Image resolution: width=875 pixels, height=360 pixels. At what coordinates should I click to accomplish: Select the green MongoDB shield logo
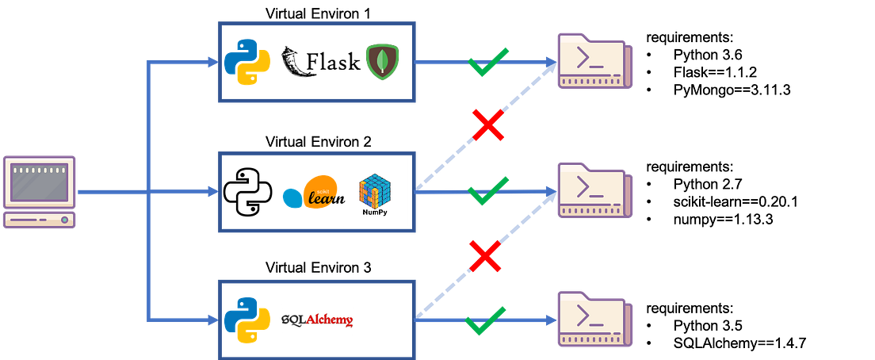point(383,62)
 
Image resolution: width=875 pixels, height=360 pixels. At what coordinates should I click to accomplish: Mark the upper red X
point(489,125)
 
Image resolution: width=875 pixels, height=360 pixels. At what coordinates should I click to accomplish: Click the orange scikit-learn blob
point(320,191)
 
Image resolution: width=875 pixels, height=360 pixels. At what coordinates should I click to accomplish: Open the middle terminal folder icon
point(594,190)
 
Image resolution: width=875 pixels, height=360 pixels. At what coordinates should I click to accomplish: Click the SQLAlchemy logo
point(316,320)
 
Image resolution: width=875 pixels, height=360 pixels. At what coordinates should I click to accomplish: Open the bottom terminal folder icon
point(594,319)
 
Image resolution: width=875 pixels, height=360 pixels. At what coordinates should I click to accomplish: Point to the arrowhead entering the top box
point(212,63)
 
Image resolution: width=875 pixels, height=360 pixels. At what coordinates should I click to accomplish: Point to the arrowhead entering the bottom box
point(212,320)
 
